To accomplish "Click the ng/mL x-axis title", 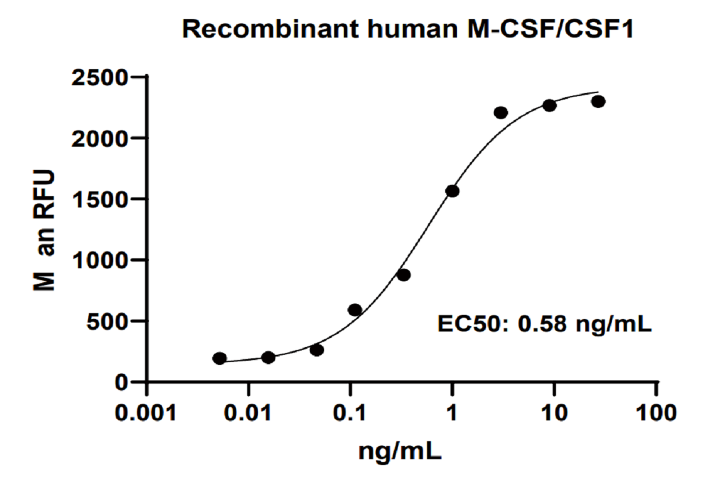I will [x=400, y=451].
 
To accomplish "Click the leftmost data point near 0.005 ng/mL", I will [x=219, y=358].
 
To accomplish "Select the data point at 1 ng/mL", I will [x=452, y=191].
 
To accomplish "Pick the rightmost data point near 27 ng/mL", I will [x=598, y=101].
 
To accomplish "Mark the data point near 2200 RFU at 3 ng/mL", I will [x=500, y=112].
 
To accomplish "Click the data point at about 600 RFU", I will [x=355, y=309].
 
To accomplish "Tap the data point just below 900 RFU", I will [x=403, y=275].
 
